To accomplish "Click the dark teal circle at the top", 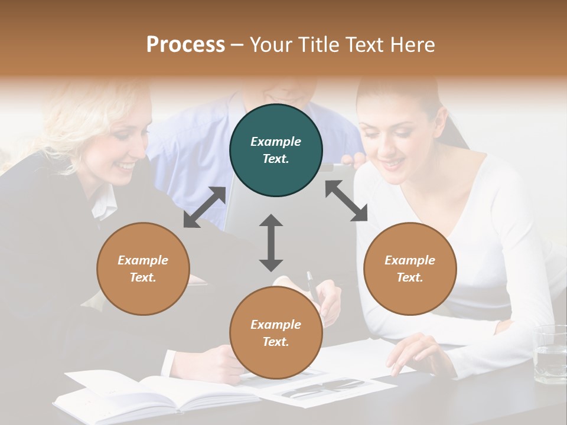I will tap(276, 150).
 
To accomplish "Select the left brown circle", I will tap(143, 269).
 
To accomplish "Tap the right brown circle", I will tap(410, 269).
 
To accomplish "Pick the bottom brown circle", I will tap(276, 333).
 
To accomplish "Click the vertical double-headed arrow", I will tap(271, 243).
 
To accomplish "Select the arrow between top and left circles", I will tap(204, 207).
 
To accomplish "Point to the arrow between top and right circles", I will tap(347, 201).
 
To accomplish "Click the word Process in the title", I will tap(185, 44).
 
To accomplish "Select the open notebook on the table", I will tap(148, 393).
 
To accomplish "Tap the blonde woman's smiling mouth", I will tap(126, 167).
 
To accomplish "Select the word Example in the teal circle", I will tap(276, 142).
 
